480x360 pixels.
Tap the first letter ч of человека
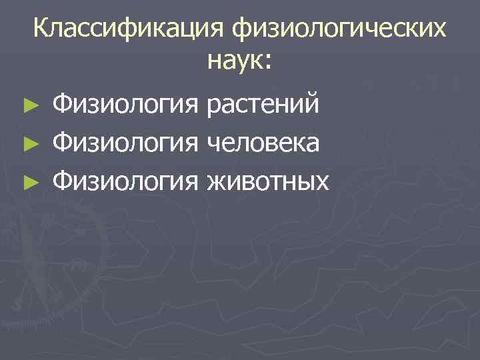coord(214,144)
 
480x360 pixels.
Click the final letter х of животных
coord(322,182)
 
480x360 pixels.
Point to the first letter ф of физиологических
coord(241,31)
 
